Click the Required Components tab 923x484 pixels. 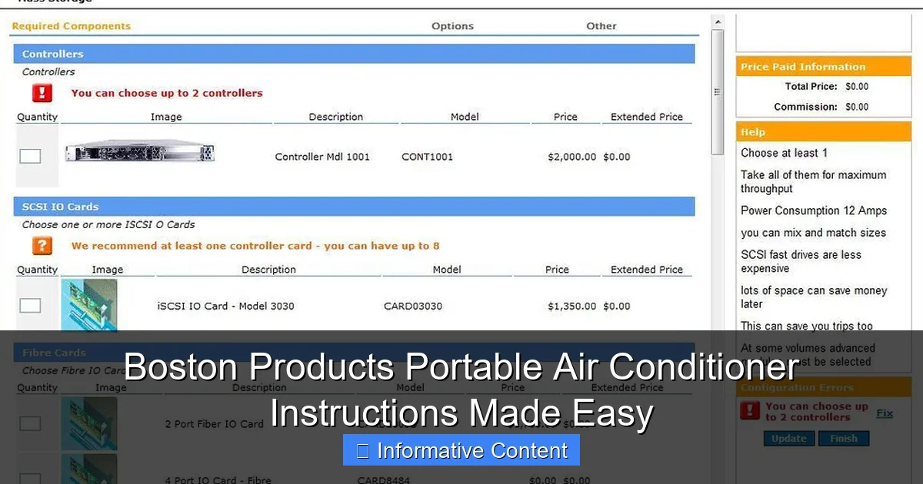(72, 26)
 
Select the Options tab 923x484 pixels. (452, 26)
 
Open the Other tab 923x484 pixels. (601, 26)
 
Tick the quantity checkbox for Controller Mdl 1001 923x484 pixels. (30, 157)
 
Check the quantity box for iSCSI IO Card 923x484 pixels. (30, 306)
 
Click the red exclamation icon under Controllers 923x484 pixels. (42, 93)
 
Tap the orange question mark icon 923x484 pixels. (42, 246)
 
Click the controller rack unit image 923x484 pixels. (139, 152)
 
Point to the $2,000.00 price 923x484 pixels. (571, 157)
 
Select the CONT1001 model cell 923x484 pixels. (427, 157)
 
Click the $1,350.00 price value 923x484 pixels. (571, 306)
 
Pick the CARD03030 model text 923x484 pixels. (412, 306)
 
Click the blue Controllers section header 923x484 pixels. (354, 54)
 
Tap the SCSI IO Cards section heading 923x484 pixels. (354, 207)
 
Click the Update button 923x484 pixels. (788, 439)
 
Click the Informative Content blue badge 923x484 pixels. (461, 450)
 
